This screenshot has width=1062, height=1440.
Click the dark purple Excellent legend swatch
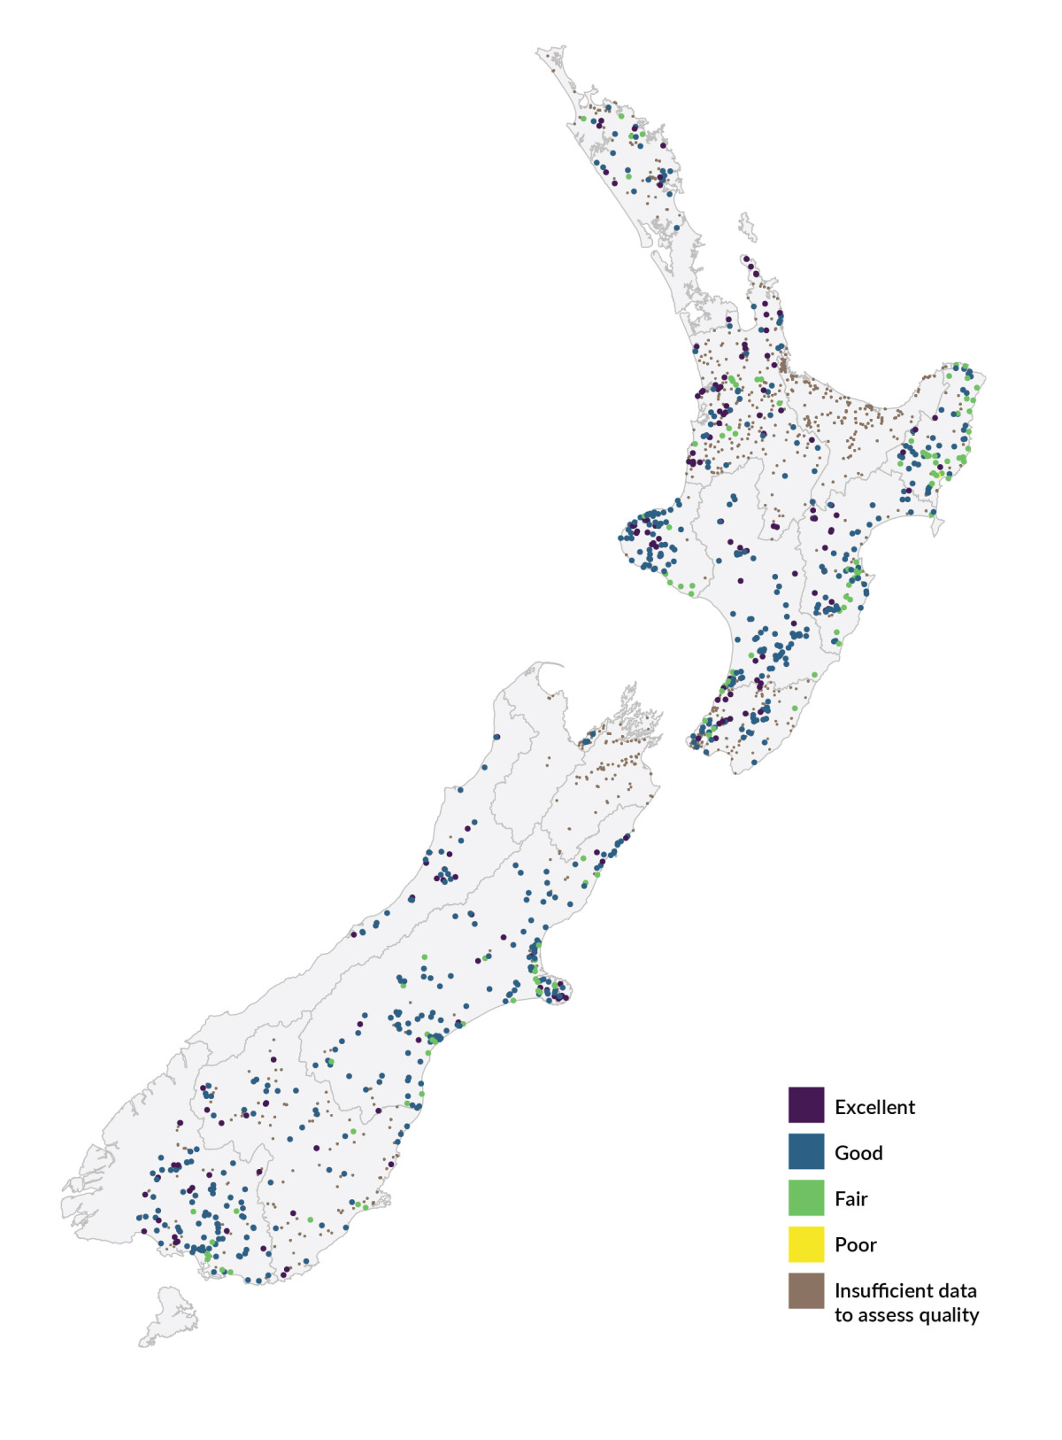coord(806,1105)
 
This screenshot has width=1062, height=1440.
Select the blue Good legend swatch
coord(806,1151)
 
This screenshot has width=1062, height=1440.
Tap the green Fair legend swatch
coord(806,1197)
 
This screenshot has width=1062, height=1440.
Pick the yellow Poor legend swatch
coord(806,1243)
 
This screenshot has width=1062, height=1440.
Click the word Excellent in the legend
coord(874,1107)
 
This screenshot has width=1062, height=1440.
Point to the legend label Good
coord(858,1153)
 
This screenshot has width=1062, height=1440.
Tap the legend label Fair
coord(850,1199)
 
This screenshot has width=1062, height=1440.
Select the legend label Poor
coord(855,1245)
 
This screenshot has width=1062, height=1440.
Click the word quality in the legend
coord(951,1316)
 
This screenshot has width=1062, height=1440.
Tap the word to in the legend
coord(843,1316)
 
